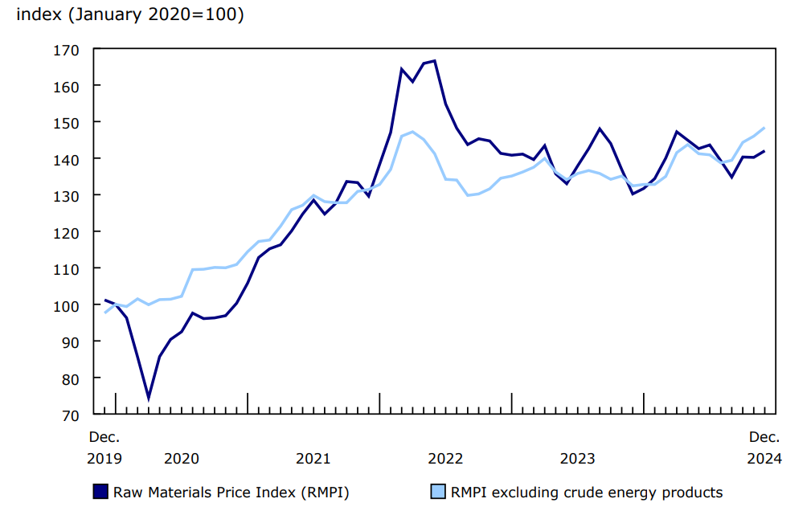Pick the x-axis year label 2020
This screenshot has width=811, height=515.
click(x=181, y=459)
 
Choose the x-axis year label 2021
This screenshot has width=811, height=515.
click(x=313, y=459)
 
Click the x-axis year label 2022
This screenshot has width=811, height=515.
click(x=445, y=459)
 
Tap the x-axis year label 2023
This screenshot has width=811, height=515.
click(x=577, y=459)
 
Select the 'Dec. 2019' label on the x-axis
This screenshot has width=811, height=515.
click(x=104, y=448)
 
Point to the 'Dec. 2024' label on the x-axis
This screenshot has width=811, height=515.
click(x=764, y=448)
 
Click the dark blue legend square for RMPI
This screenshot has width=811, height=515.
click(x=100, y=492)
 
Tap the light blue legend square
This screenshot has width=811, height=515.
click(x=437, y=492)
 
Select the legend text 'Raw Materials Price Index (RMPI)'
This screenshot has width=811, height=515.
click(x=231, y=493)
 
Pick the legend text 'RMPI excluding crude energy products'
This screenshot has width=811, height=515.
click(x=587, y=493)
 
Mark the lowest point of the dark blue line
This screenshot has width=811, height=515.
click(x=149, y=398)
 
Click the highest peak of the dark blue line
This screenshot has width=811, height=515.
click(x=435, y=61)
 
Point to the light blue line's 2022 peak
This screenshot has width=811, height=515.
click(x=412, y=132)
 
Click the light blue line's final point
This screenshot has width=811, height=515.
click(x=764, y=129)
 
